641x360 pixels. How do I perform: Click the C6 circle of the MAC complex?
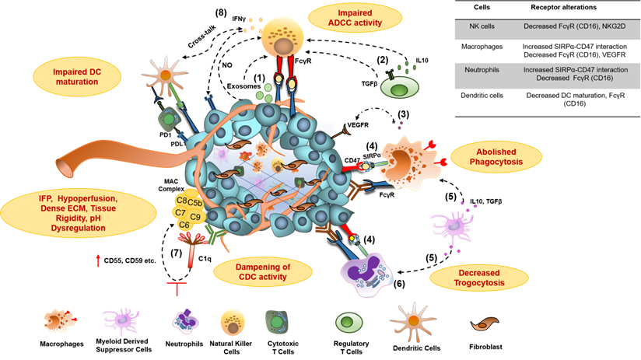point(184,224)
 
